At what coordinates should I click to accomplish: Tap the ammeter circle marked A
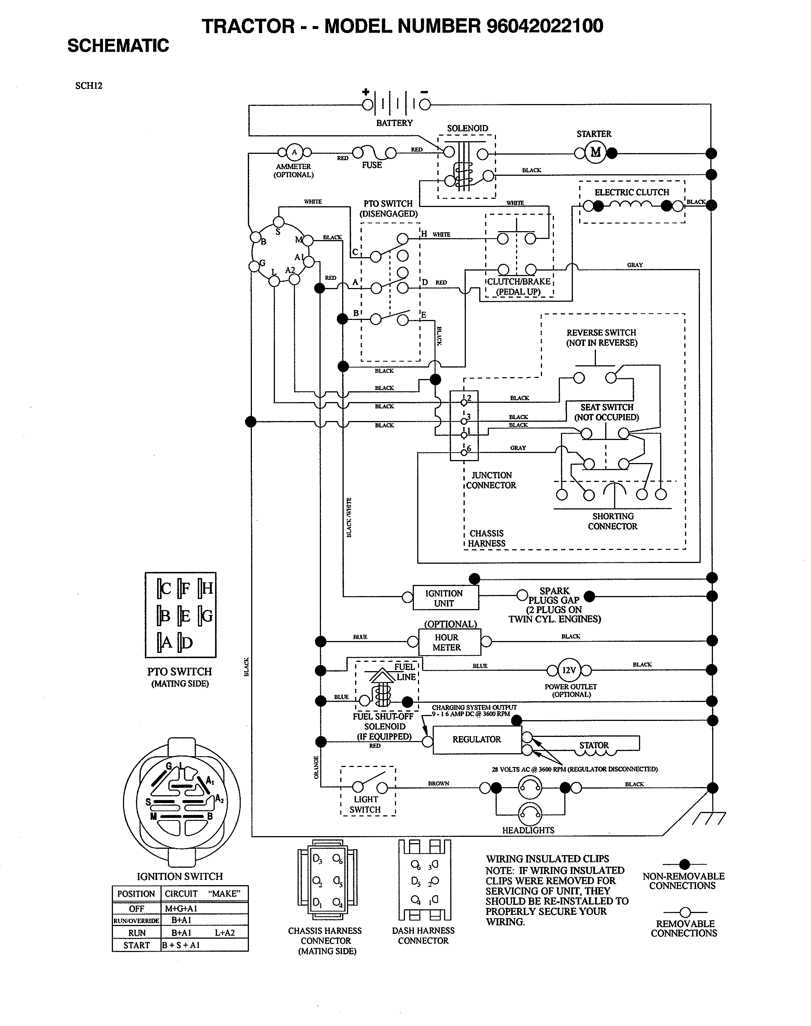pyautogui.click(x=294, y=152)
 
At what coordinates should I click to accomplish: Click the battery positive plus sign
pyautogui.click(x=366, y=92)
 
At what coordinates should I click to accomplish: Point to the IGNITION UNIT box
pyautogui.click(x=445, y=598)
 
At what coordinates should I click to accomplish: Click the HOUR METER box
pyautogui.click(x=449, y=642)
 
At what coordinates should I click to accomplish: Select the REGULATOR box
pyautogui.click(x=477, y=739)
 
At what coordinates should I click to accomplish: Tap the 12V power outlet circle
pyautogui.click(x=569, y=670)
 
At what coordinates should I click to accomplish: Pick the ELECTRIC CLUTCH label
pyautogui.click(x=632, y=192)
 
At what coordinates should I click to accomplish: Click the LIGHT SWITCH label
pyautogui.click(x=366, y=804)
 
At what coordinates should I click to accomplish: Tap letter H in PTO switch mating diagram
pyautogui.click(x=208, y=589)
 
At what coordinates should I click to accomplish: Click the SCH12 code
pyautogui.click(x=89, y=86)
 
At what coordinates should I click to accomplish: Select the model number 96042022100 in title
pyautogui.click(x=545, y=26)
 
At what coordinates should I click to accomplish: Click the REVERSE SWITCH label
pyautogui.click(x=601, y=337)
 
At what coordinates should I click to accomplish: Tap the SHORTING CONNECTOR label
pyautogui.click(x=613, y=521)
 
